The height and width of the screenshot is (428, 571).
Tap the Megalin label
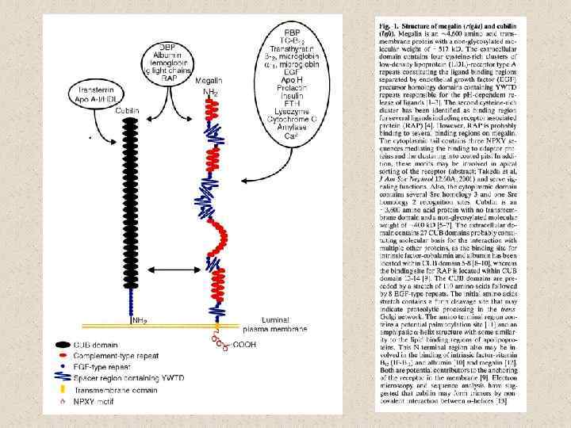[210, 80]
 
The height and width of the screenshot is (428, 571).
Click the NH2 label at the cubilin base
[140, 320]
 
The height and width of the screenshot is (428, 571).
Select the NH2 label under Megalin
[210, 92]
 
